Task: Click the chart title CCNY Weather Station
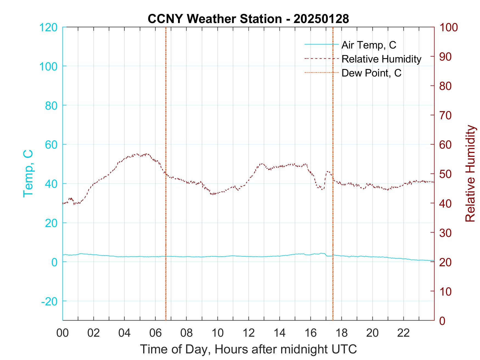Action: tap(248, 19)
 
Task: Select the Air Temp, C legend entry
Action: tap(369, 45)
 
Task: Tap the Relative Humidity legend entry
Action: tap(381, 59)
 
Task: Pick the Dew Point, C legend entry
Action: tap(371, 73)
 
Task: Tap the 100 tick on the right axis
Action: tap(449, 27)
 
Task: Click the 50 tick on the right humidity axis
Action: tap(446, 174)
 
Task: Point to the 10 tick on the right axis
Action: tap(446, 291)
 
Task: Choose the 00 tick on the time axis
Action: tap(63, 333)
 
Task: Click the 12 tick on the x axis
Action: tap(249, 333)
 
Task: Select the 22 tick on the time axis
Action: tap(403, 333)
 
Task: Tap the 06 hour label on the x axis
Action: tap(156, 333)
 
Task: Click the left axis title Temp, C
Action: tap(28, 174)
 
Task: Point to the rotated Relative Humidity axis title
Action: tap(470, 174)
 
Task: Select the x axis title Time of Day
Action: tap(248, 349)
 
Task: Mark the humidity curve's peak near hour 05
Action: tap(137, 154)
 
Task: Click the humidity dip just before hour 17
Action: tap(323, 189)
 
